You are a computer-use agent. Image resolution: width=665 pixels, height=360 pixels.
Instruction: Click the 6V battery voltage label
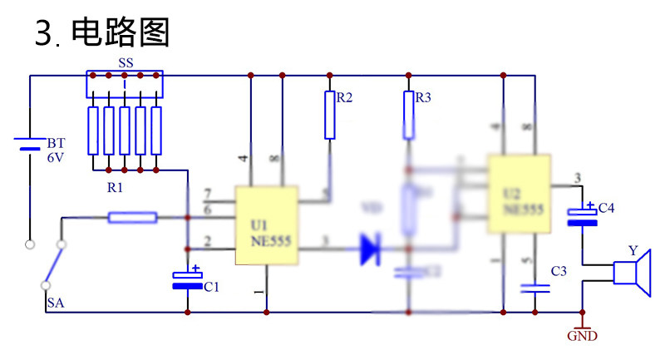(55, 157)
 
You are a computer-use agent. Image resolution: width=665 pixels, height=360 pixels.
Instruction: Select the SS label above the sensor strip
(126, 63)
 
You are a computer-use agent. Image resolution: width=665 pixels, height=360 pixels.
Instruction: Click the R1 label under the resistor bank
(115, 188)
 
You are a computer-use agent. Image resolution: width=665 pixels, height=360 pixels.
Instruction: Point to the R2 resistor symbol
(330, 115)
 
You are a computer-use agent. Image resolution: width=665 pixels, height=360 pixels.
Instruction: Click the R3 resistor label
(423, 98)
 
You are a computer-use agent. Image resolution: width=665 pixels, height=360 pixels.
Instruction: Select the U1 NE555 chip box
(267, 225)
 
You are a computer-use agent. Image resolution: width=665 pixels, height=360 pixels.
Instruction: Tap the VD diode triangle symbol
(371, 249)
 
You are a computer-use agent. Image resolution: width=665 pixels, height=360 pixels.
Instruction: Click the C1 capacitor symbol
(187, 279)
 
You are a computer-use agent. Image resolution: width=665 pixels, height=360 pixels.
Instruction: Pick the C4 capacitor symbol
(583, 215)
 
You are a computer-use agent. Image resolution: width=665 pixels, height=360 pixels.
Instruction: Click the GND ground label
(582, 337)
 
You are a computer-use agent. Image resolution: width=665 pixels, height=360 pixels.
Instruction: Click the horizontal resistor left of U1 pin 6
(132, 218)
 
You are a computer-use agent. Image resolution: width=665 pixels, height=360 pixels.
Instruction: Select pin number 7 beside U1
(207, 194)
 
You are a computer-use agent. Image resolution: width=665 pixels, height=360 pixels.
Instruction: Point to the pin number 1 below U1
(257, 292)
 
